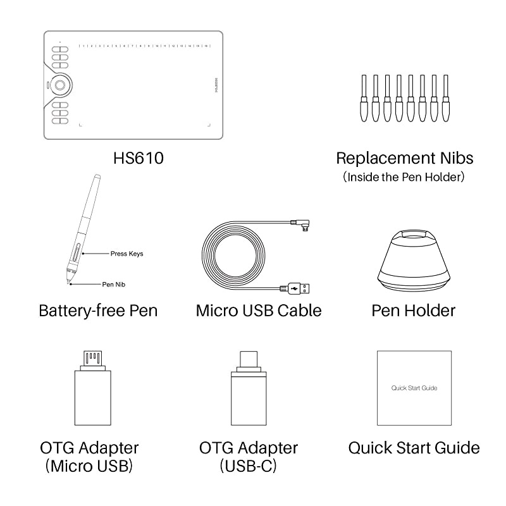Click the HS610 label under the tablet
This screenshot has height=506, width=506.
coord(133,157)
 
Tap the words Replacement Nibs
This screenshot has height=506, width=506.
coord(404,157)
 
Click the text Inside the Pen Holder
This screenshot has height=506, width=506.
coord(404,178)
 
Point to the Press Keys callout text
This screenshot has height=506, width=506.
coord(126,254)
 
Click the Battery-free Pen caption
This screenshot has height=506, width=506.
coord(98,311)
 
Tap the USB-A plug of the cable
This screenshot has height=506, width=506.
coord(300,289)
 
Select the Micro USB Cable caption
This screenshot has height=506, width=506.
coord(258,311)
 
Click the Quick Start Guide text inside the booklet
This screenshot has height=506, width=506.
coord(414,388)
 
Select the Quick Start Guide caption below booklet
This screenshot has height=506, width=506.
coord(414,448)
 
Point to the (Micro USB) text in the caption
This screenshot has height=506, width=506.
coord(89,467)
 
